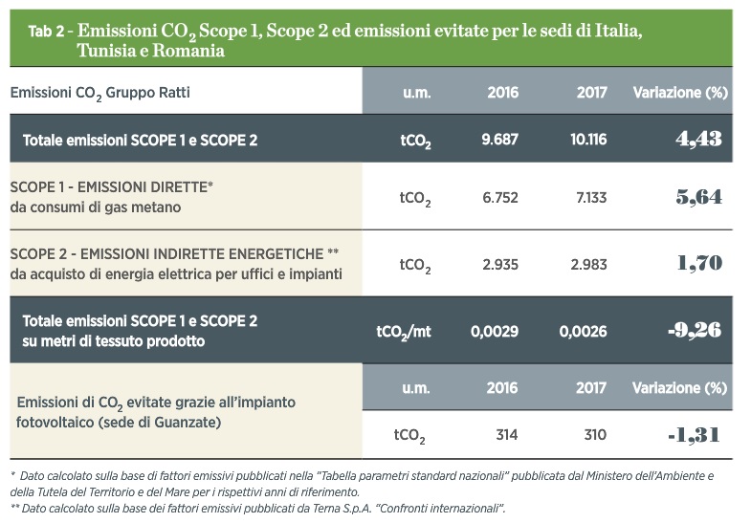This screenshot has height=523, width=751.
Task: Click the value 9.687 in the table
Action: coord(499,140)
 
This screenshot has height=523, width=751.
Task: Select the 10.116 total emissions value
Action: coord(588,140)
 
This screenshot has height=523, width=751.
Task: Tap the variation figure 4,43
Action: coord(698,139)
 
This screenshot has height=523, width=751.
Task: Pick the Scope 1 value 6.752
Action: coord(500,198)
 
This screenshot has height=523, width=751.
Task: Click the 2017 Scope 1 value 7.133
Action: coord(591,198)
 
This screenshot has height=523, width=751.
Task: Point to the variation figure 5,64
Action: coord(698,197)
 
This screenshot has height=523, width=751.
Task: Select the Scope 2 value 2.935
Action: coord(500,265)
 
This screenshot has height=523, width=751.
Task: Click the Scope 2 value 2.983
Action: coord(588,265)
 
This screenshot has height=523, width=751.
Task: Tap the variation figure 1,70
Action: coord(699,263)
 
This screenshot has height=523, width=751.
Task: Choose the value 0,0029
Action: coord(495,331)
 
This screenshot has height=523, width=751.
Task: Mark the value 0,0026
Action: coord(583,331)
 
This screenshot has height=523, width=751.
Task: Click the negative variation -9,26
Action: coord(695,330)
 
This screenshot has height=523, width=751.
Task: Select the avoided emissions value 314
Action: coord(507,434)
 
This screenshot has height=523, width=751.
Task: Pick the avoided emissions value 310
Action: coord(595,434)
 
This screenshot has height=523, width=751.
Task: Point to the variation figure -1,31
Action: coord(694,435)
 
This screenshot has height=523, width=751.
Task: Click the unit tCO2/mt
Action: coord(404,332)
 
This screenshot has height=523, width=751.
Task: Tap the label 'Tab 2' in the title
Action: coord(46,32)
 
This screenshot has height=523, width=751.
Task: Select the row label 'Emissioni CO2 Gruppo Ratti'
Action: coord(99,93)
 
